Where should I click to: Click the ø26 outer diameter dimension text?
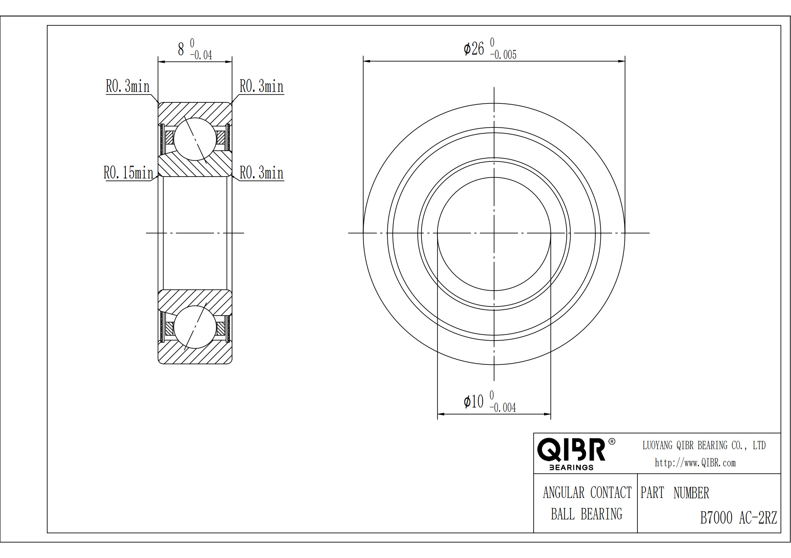[474, 49]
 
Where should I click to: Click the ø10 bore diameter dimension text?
[473, 401]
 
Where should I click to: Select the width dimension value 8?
[181, 49]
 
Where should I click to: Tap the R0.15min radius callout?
[129, 173]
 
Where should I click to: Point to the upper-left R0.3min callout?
[128, 86]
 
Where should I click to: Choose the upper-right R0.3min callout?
[262, 86]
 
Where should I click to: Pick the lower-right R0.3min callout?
[262, 173]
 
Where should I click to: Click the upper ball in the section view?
[195, 139]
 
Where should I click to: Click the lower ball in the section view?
[195, 327]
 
